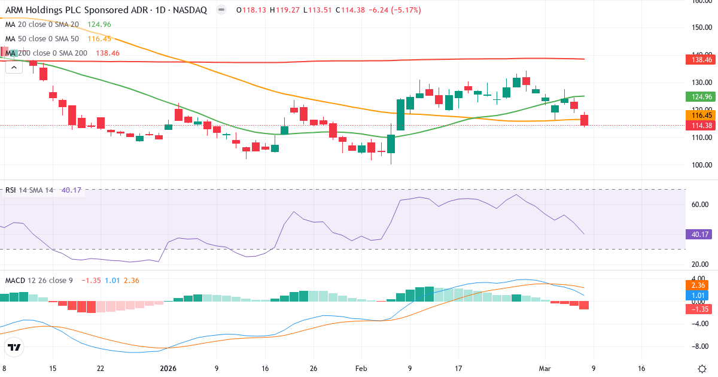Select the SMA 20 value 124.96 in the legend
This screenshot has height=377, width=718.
tap(99, 25)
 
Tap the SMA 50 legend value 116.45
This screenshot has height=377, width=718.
tap(99, 39)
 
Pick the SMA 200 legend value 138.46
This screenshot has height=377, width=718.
tap(108, 53)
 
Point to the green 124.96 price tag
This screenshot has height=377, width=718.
tap(701, 96)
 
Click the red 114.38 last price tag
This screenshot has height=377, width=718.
tap(701, 125)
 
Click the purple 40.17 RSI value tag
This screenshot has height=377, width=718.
tap(701, 235)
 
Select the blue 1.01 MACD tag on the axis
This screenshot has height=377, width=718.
tap(701, 295)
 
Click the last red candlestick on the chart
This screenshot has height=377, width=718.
tap(584, 120)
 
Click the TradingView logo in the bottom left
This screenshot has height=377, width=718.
tap(14, 347)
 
